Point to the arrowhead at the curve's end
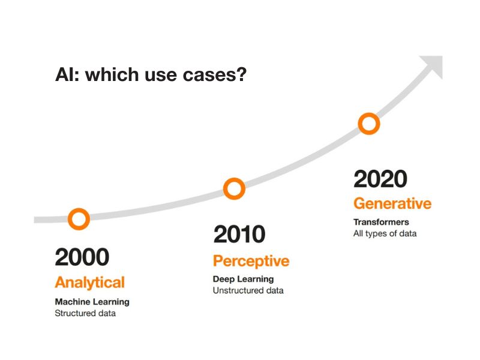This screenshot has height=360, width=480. tap(434, 65)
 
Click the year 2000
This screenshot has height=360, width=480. tap(82, 257)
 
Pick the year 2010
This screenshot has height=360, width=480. tap(239, 234)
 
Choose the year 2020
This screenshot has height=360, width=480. tap(380, 179)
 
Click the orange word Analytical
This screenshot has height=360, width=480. tap(89, 282)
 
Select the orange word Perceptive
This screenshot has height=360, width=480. tap(251, 261)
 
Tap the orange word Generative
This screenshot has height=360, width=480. tap(392, 203)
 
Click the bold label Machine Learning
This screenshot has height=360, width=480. tap(92, 302)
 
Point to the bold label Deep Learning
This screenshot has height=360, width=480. tap(244, 279)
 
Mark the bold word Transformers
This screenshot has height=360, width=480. tap(381, 222)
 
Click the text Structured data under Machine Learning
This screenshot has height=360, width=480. tap(85, 313)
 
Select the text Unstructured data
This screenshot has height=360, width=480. tap(248, 290)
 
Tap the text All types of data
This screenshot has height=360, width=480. tap(385, 233)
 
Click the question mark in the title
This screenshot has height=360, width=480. tap(241, 74)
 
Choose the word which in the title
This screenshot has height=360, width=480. tap(112, 74)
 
